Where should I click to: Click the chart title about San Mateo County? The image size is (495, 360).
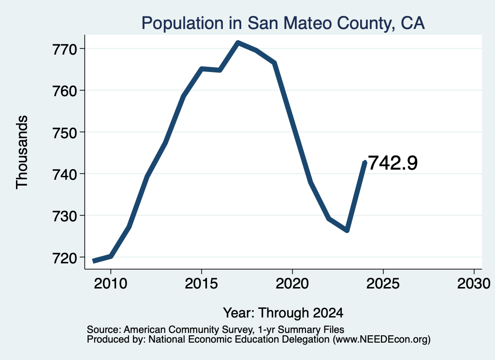tap(283, 23)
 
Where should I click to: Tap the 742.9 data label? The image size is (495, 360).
tap(393, 163)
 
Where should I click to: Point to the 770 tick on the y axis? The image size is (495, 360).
tap(65, 49)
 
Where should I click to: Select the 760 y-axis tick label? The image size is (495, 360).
tap(65, 91)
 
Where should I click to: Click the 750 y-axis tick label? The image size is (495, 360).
tap(65, 132)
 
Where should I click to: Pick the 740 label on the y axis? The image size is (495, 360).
tap(65, 174)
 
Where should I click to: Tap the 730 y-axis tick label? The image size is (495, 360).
tap(65, 216)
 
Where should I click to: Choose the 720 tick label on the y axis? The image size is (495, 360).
tap(65, 258)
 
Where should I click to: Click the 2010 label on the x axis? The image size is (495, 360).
tap(111, 283)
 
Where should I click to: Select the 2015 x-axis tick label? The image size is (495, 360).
tap(202, 283)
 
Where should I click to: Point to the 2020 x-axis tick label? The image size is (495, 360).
tap(292, 283)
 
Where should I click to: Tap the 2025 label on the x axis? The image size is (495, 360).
tap(383, 283)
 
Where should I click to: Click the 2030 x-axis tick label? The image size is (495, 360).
tap(474, 283)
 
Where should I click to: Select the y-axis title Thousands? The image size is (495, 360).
tap(22, 152)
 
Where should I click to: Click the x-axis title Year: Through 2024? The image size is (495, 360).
tap(283, 313)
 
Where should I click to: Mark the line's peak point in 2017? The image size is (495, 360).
tap(238, 43)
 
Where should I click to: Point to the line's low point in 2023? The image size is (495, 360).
tap(347, 230)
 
